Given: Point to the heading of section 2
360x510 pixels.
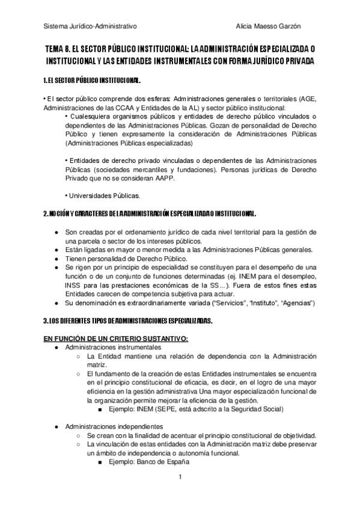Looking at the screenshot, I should pyautogui.click(x=150, y=214).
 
